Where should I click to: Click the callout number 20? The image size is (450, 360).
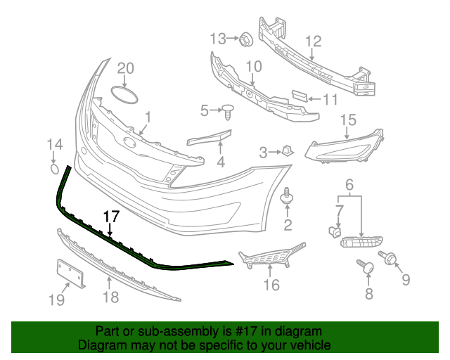click(124, 67)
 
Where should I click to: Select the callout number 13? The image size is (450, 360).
click(217, 37)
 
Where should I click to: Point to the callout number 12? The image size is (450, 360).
click(313, 41)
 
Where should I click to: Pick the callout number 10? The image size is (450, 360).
click(253, 67)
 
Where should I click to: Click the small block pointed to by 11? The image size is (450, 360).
click(298, 96)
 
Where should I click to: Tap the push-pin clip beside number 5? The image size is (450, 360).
click(229, 109)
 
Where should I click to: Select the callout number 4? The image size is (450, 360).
click(220, 163)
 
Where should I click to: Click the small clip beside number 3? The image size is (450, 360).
click(288, 150)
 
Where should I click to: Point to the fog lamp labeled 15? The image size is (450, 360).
click(345, 145)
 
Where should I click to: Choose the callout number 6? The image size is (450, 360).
click(348, 185)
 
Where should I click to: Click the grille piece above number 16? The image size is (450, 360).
click(271, 258)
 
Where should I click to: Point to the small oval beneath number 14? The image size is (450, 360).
click(55, 169)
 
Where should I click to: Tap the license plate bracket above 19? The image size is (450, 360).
click(70, 274)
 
